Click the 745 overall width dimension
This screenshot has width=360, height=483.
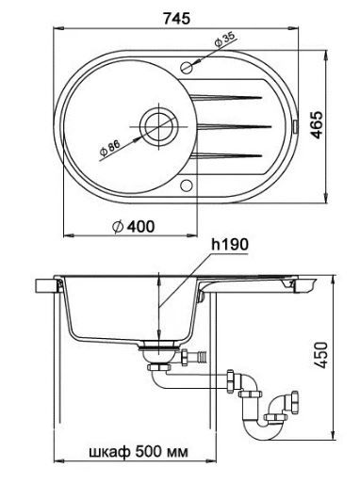[176, 18]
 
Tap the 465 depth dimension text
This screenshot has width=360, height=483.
[318, 124]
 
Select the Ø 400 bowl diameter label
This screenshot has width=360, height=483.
[134, 227]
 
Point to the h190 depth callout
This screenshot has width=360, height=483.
[230, 245]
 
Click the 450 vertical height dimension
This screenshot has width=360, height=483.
[321, 355]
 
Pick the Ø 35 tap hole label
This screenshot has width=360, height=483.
[224, 40]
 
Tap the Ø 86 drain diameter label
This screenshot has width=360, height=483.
[109, 148]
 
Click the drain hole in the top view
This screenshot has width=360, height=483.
[159, 126]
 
